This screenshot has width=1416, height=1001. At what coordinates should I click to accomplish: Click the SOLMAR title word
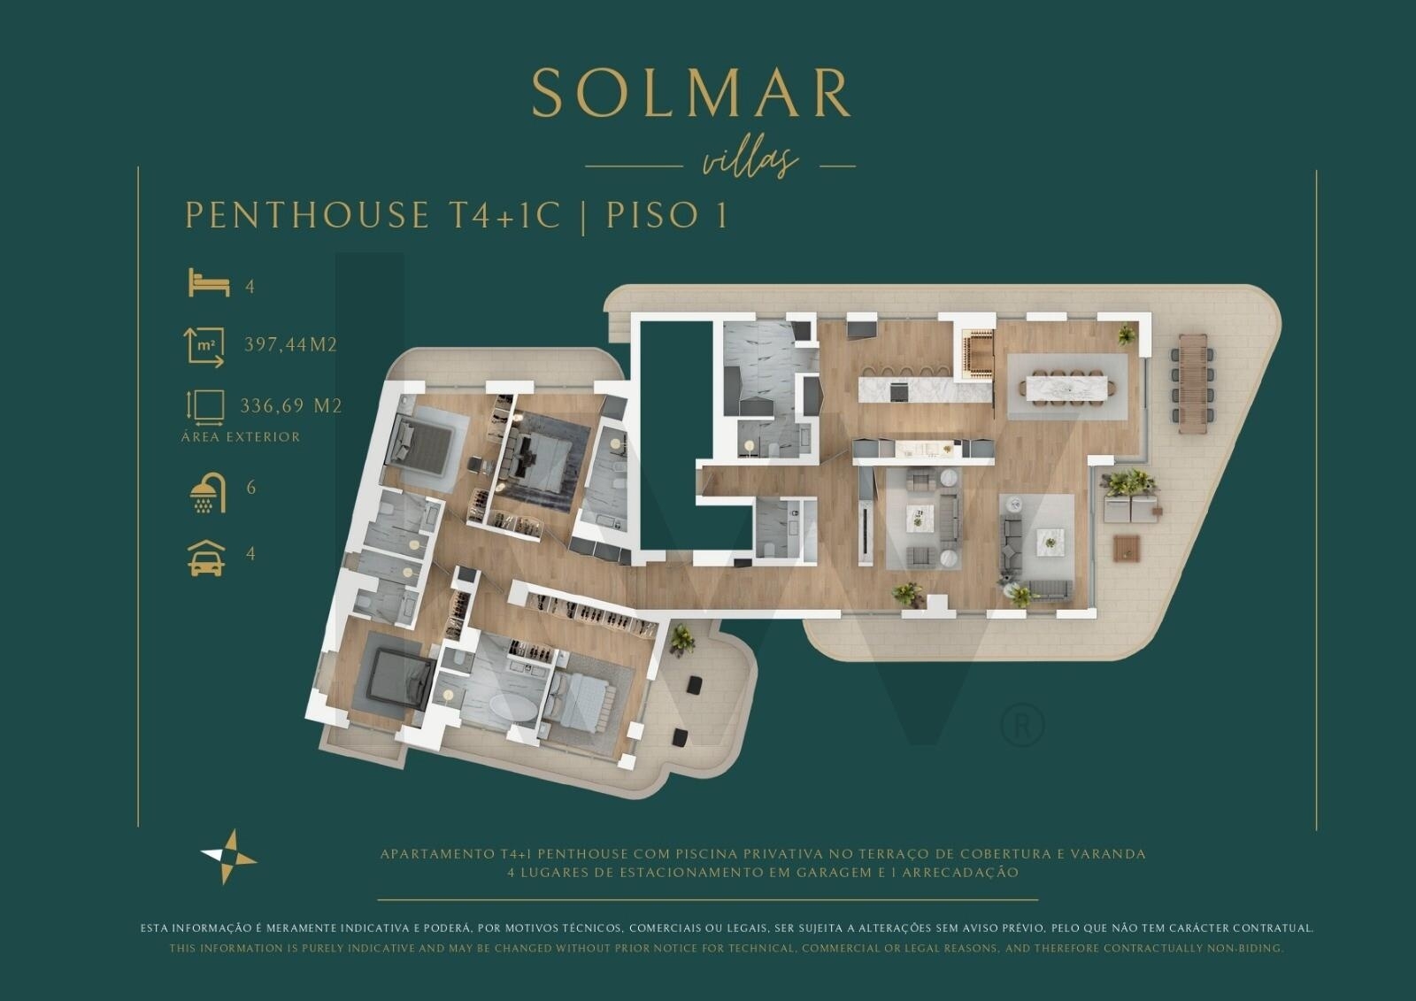tap(690, 93)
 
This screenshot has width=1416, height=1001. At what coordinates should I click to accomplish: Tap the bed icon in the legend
tap(209, 284)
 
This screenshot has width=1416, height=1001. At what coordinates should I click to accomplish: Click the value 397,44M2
tap(290, 345)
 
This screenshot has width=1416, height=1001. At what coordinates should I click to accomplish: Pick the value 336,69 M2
tap(290, 406)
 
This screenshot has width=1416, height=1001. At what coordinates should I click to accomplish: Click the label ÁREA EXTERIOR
tap(241, 437)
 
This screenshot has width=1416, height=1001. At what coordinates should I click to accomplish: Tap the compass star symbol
tap(228, 857)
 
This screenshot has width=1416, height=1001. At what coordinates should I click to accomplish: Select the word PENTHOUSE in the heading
tap(306, 216)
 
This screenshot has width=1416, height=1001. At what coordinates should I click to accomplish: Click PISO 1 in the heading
tap(667, 216)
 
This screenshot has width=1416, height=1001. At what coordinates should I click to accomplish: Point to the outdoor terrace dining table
tap(1192, 383)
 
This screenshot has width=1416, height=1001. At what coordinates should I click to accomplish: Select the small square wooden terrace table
tap(1126, 548)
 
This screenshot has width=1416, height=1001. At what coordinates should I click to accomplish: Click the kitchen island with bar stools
tap(903, 388)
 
